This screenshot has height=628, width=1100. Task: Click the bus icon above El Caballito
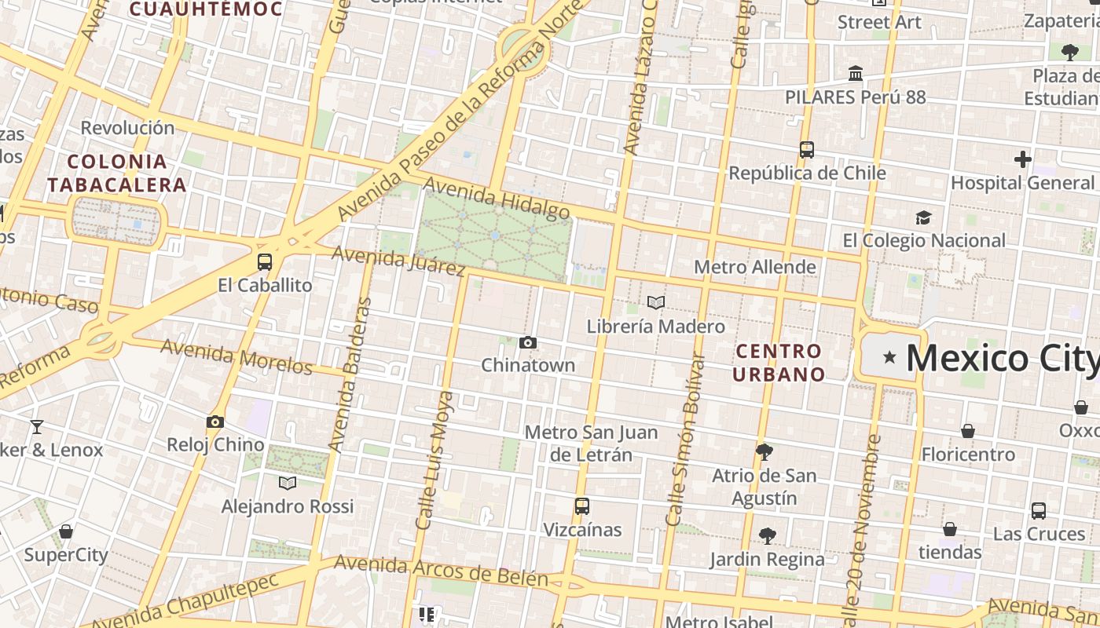[x=265, y=262]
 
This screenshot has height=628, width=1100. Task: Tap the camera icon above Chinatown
[x=528, y=342]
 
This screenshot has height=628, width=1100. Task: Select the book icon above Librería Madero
[x=656, y=302]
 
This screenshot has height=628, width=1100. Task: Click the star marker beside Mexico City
[x=889, y=358]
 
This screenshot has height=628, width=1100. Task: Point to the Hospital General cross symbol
[x=1022, y=159]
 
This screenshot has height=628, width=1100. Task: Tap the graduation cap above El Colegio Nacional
[x=923, y=217]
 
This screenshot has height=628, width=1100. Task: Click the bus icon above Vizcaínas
[x=581, y=506]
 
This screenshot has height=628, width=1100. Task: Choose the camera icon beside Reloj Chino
[x=215, y=422]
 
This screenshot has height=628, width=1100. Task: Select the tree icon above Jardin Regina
[x=768, y=536]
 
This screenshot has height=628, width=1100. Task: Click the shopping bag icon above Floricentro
[x=968, y=431]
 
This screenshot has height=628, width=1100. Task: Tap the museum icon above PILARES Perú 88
[x=856, y=74]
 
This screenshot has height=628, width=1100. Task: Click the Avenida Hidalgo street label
[x=497, y=199]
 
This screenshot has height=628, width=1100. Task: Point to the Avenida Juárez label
[x=398, y=260]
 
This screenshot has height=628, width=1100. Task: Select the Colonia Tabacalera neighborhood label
[x=117, y=173]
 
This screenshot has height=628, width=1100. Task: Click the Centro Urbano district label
[x=779, y=363]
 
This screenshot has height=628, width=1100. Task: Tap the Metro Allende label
[x=754, y=267]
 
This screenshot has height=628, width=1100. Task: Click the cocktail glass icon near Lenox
[x=36, y=427]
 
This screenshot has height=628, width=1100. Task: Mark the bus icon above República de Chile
[x=806, y=149]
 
